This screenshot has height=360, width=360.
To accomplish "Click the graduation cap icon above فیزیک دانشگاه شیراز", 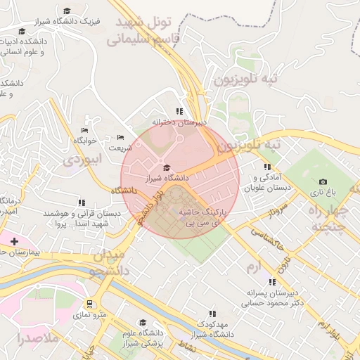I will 67,11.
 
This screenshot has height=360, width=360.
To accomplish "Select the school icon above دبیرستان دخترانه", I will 180,111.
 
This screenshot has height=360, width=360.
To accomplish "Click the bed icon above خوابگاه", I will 84,130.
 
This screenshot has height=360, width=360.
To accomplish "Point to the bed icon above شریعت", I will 120,137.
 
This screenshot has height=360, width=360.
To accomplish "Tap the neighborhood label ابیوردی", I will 83,159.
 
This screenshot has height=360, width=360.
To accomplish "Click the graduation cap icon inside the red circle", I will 167,168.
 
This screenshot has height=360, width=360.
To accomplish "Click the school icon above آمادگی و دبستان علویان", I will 267,167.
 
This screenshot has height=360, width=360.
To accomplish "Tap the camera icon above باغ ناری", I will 323,181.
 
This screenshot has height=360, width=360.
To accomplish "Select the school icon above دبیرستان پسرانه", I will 272,282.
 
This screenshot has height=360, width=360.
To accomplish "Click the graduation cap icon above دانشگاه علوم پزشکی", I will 143,322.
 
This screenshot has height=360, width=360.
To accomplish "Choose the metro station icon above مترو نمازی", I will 89,304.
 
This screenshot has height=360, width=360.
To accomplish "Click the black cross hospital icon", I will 14,241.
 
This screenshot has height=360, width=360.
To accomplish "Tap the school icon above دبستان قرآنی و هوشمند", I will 82,202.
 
